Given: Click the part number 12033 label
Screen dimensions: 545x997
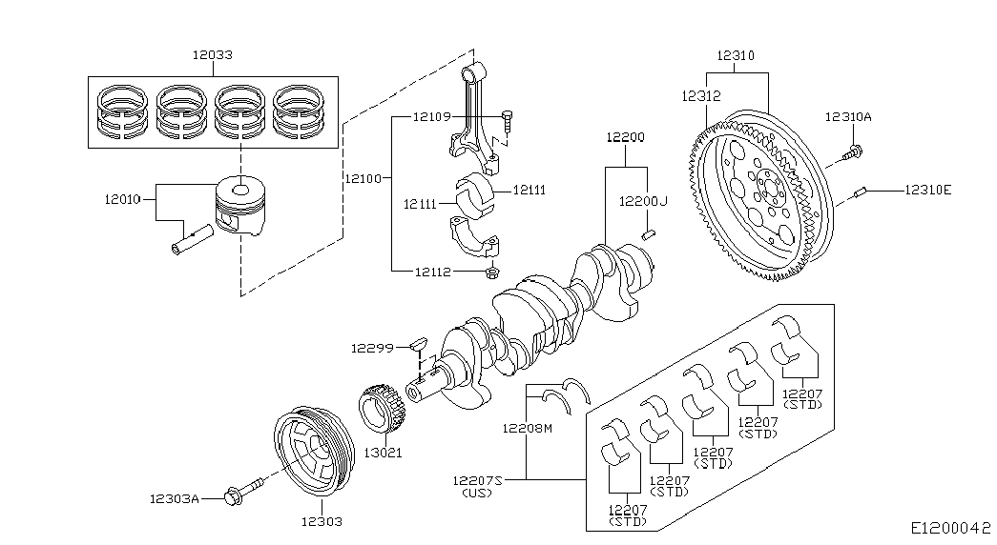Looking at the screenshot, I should pos(212,55).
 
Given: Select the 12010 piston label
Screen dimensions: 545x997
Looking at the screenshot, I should pos(122,199).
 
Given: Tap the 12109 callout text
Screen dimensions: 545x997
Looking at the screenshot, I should pos(431,116).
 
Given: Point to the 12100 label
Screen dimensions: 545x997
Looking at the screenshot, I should pos(363,178).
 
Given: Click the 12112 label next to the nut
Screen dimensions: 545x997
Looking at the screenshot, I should pos(432,272).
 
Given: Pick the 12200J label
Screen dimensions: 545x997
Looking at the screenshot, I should pos(643,201).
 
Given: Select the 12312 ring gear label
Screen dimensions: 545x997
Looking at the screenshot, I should pos(700,96).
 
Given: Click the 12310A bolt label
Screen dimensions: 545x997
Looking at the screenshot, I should pos(848,116).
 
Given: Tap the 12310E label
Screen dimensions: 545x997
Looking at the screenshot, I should pos(927,190).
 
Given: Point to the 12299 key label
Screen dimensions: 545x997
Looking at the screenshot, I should pos(370,348).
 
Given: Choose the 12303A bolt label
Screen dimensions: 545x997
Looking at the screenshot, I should pos(174,497).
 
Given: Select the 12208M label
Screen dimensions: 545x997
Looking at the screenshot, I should pos(528,429).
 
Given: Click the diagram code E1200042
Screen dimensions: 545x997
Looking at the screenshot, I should pos(950,526).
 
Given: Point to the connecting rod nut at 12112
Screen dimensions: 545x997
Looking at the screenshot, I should pos(491,273).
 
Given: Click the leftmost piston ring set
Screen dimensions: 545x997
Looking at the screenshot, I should pos(121,111).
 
